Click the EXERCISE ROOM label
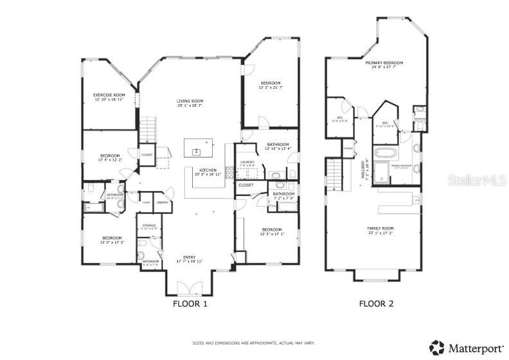coord(109,97)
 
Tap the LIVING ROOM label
coord(190,104)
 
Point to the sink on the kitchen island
coord(196,152)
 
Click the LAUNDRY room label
coord(247,163)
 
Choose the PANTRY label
coord(162,202)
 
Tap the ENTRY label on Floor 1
coord(190,259)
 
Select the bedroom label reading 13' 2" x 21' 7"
coord(271,85)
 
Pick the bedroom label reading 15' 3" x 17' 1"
coord(271,231)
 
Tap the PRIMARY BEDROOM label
coord(384,64)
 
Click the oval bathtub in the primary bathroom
coord(386,154)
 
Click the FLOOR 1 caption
coord(190,303)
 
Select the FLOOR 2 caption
coord(377,303)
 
